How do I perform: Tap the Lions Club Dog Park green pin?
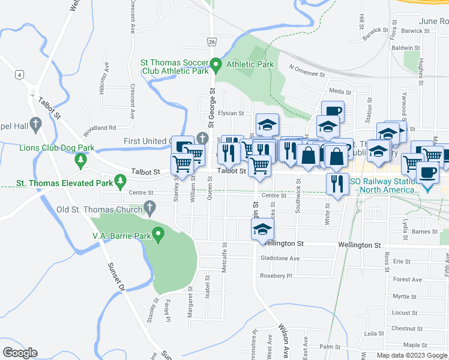click(x=80, y=160)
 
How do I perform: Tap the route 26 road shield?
click(x=212, y=41)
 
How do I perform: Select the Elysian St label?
click(x=231, y=113)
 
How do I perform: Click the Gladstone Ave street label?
click(x=280, y=259)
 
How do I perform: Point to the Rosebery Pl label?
click(x=276, y=276)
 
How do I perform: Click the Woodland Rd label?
click(x=100, y=128)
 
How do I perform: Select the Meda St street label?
click(x=340, y=92)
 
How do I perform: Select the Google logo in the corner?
click(x=20, y=352)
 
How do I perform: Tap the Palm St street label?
click(x=330, y=347)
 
